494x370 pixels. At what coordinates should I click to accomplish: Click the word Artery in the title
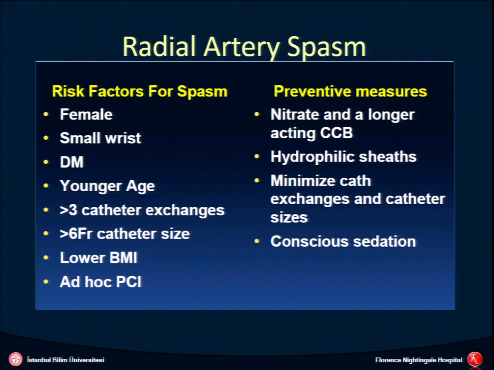coord(242,47)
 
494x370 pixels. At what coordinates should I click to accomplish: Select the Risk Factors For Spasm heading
coord(139,91)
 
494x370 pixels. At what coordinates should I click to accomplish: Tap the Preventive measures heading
coord(350,91)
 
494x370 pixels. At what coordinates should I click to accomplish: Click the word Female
coord(86,114)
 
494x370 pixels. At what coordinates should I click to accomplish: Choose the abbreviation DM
coord(72,162)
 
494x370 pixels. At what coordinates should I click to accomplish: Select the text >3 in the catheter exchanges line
coord(69,210)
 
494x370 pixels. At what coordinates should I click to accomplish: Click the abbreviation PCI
coord(128,281)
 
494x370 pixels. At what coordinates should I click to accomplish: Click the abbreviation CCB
coord(336,132)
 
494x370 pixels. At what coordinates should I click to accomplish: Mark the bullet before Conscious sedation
coord(257,241)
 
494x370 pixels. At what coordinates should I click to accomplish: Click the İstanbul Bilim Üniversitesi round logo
coord(15,359)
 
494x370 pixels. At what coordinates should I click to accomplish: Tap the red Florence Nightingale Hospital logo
coord(475,359)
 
